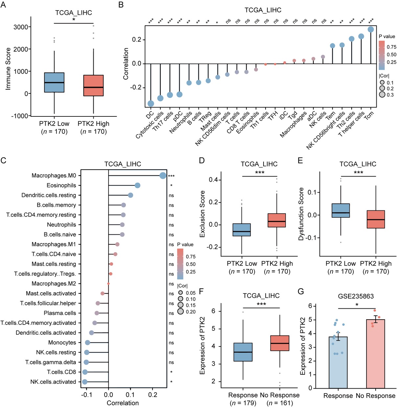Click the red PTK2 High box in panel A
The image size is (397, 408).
pos(93,85)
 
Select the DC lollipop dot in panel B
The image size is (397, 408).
pos(151,104)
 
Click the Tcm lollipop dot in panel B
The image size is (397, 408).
pos(371,30)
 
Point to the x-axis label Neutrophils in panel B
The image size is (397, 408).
pos(181,122)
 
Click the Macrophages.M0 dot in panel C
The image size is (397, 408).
pos(163,176)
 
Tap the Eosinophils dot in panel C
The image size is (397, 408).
pos(137,185)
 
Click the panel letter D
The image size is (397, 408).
pos(202,160)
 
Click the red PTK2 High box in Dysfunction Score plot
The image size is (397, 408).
pos(376,219)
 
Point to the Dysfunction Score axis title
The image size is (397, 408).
pos(301,214)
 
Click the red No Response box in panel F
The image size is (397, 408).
pos(280,343)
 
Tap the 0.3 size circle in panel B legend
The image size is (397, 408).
pos(382,95)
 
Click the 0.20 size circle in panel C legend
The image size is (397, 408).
pos(181,311)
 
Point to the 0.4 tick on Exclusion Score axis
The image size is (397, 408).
pos(213,180)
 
